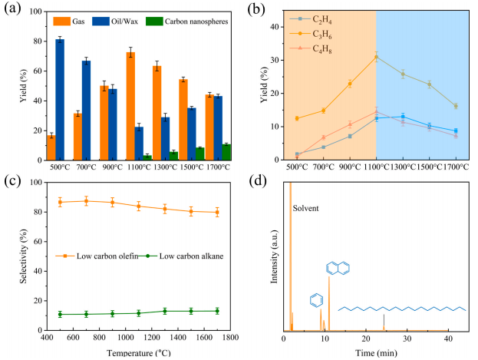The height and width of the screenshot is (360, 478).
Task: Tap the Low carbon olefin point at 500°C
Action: click(60, 202)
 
